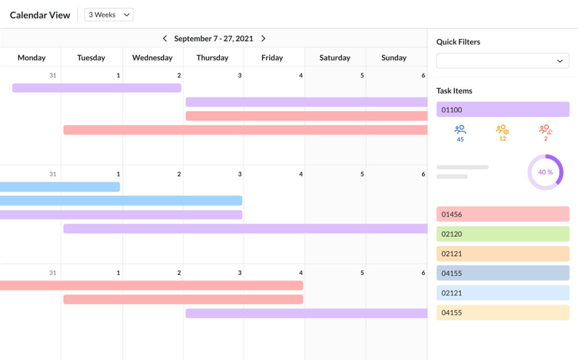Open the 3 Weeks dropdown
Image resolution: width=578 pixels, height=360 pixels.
coord(109,15)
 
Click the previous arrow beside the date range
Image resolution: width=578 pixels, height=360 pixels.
coord(165,38)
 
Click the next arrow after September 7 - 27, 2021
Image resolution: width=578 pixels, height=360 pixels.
coord(263,38)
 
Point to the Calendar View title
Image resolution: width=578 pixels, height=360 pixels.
coord(40,15)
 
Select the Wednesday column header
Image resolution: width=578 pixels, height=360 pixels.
coord(152,58)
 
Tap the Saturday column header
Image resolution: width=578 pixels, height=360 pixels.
coord(335,58)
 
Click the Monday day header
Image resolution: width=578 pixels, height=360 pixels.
coord(32,58)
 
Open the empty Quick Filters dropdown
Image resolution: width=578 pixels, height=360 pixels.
coord(502,60)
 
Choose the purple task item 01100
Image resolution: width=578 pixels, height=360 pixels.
coord(502,109)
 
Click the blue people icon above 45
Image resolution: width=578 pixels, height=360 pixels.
coord(460,129)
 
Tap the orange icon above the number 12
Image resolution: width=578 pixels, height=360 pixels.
coord(502,129)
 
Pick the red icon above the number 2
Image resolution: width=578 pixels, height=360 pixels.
coord(545,129)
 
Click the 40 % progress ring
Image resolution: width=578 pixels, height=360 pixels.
coord(545,172)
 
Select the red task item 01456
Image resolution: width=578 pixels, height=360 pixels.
coord(502,214)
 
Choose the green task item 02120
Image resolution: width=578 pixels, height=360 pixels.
coord(502,234)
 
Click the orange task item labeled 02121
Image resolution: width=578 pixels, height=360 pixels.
coord(502,254)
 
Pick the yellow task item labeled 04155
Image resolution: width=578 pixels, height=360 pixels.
coord(502,313)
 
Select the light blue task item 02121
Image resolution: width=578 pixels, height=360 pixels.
coord(502,293)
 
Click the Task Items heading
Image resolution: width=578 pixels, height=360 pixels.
coord(454,91)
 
